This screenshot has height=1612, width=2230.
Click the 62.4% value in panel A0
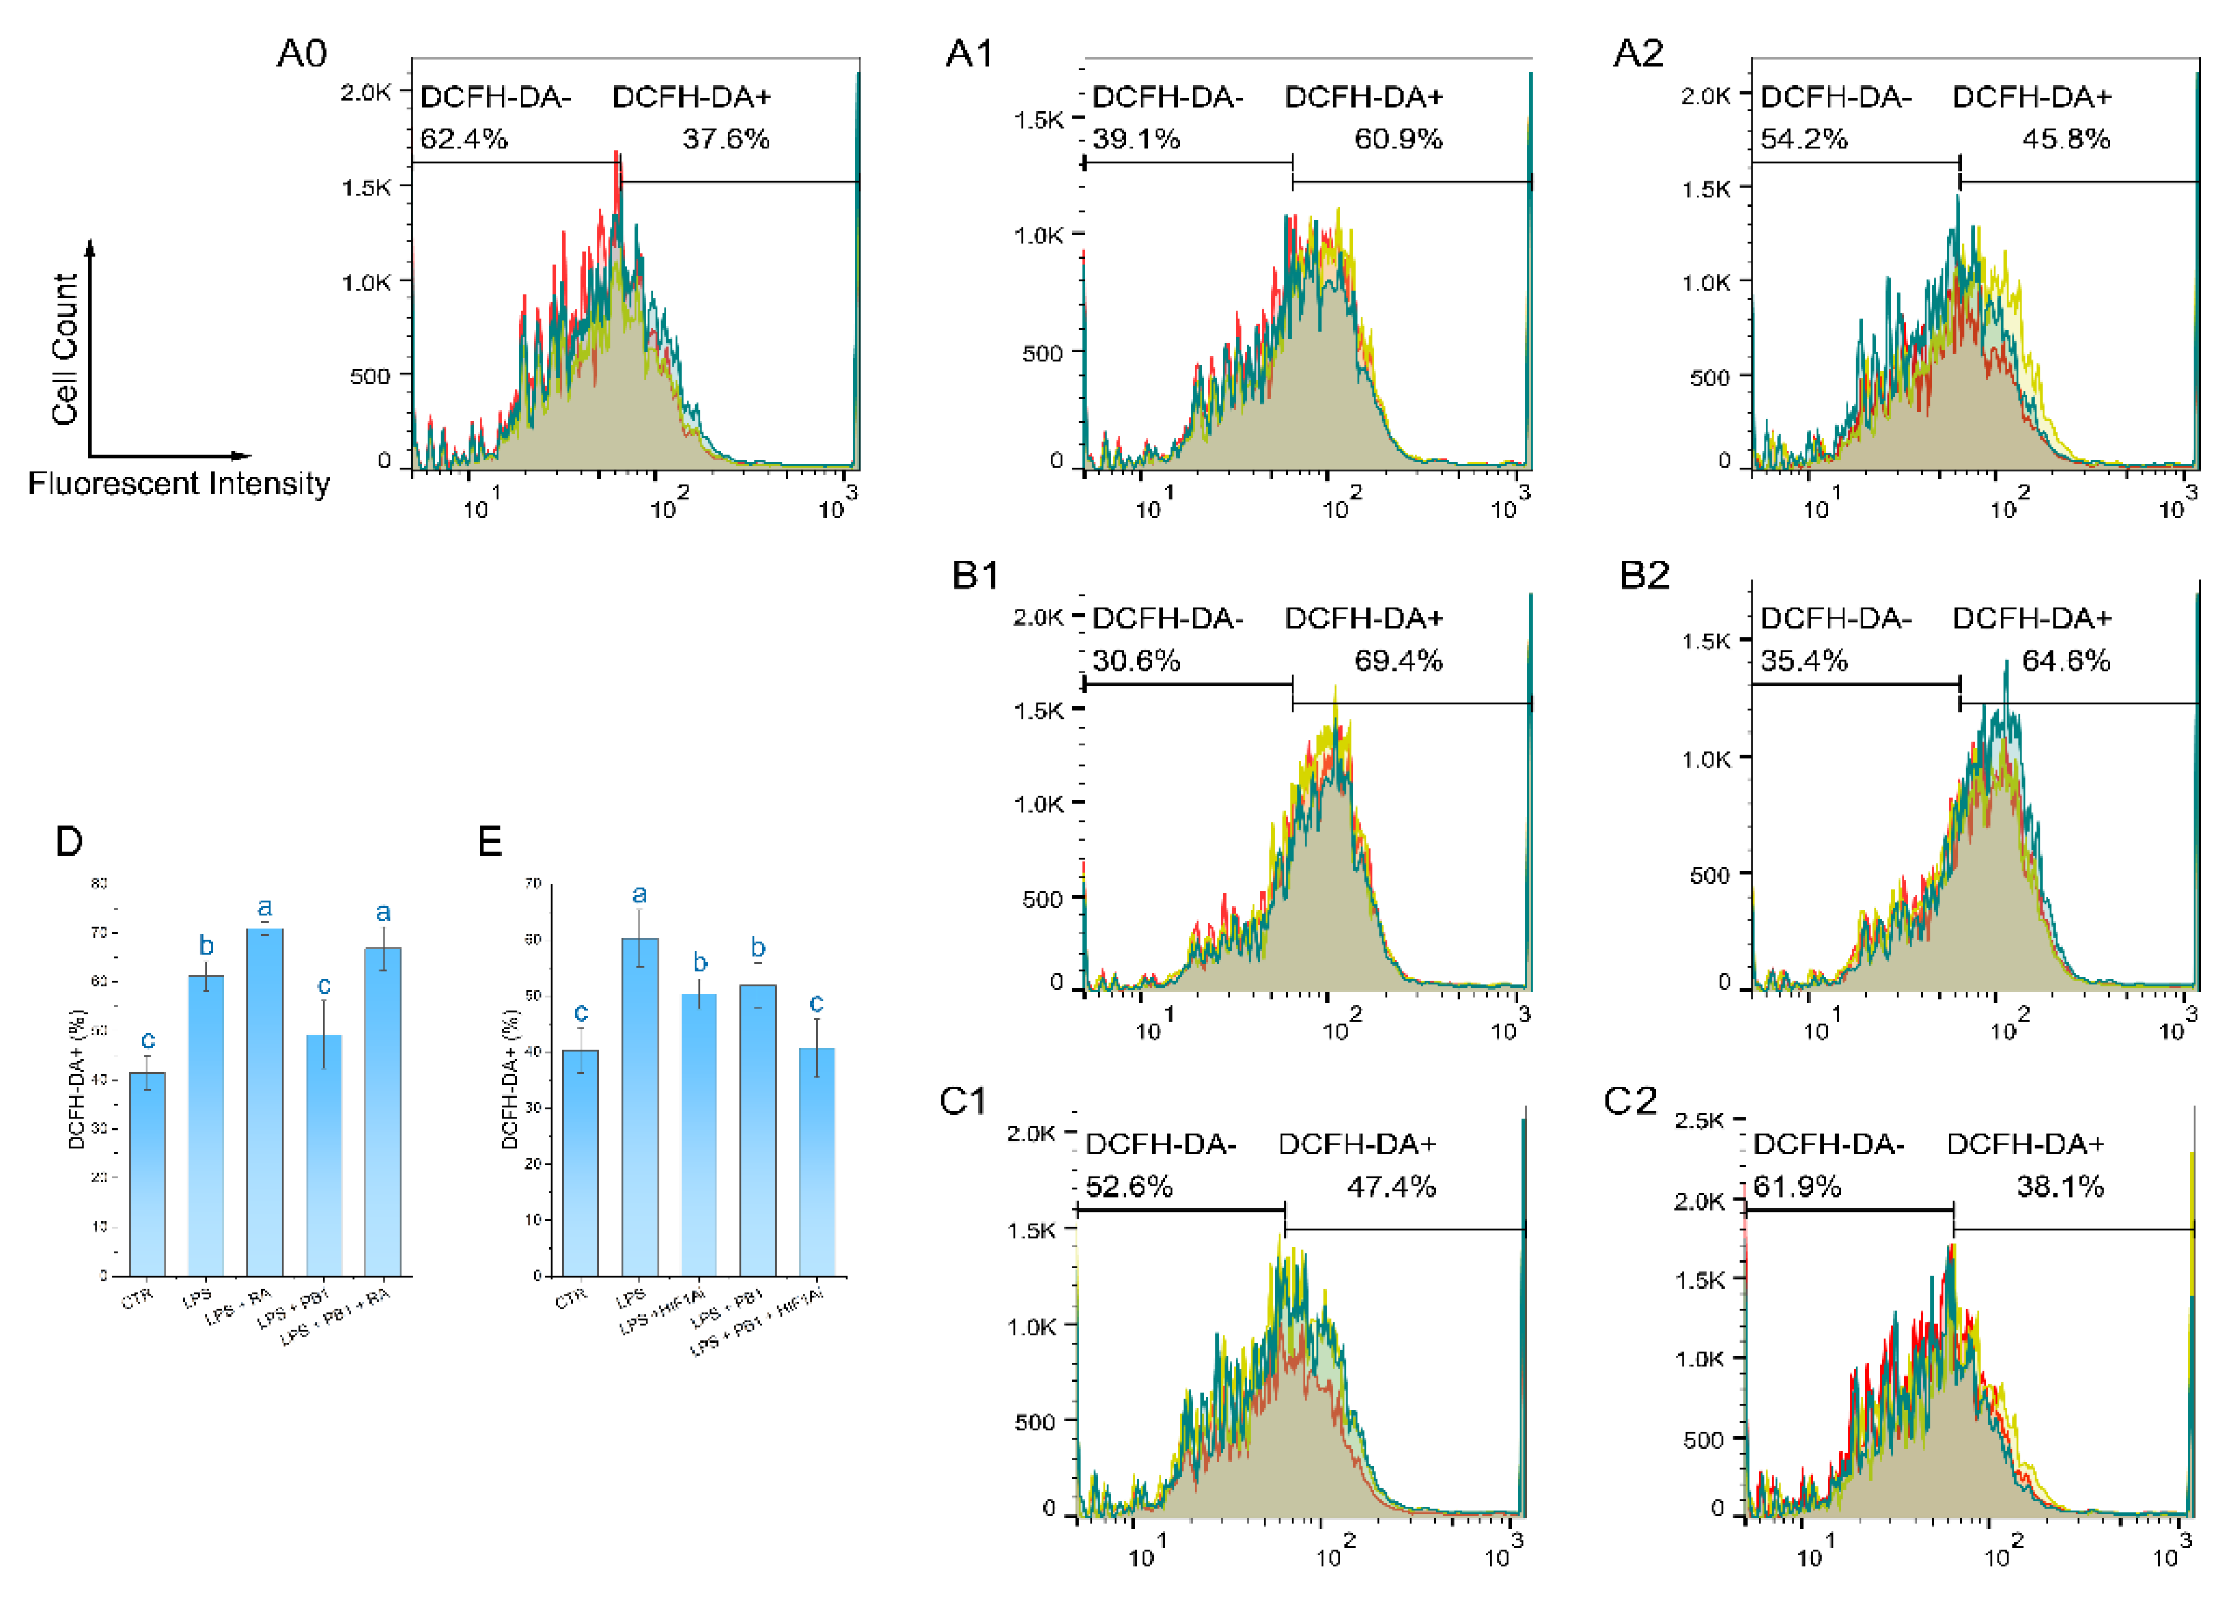463,139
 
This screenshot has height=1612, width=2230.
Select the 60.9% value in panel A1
1397,139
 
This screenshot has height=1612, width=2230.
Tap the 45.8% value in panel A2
2065,139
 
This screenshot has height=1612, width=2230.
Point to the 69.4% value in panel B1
1397,661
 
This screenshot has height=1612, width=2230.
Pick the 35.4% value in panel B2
1803,661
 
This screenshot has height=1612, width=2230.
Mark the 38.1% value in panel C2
2060,1187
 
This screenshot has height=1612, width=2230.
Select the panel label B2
1644,576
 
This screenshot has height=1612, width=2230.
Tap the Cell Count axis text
65,349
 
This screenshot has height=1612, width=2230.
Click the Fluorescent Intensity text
179,484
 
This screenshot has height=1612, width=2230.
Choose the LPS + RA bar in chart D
265,1101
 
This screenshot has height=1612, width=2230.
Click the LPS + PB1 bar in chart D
324,1155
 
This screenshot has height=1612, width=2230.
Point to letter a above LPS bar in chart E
639,895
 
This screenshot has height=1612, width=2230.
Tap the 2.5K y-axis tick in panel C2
1699,1120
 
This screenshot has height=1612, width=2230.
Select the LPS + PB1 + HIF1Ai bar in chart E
816,1161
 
